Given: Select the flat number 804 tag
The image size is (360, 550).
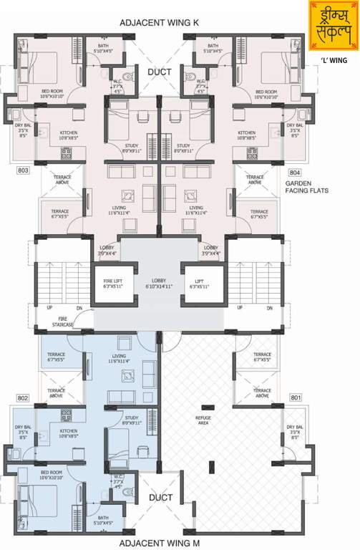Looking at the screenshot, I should [x=295, y=173].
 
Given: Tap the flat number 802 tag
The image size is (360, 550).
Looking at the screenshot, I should [x=23, y=397].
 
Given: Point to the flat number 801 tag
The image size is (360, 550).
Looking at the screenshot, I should [x=296, y=397].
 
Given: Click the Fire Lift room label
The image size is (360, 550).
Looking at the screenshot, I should [x=113, y=284].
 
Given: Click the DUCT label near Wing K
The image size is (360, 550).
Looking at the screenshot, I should [x=158, y=72].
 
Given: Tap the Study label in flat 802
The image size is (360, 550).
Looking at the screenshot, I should [x=131, y=420].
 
